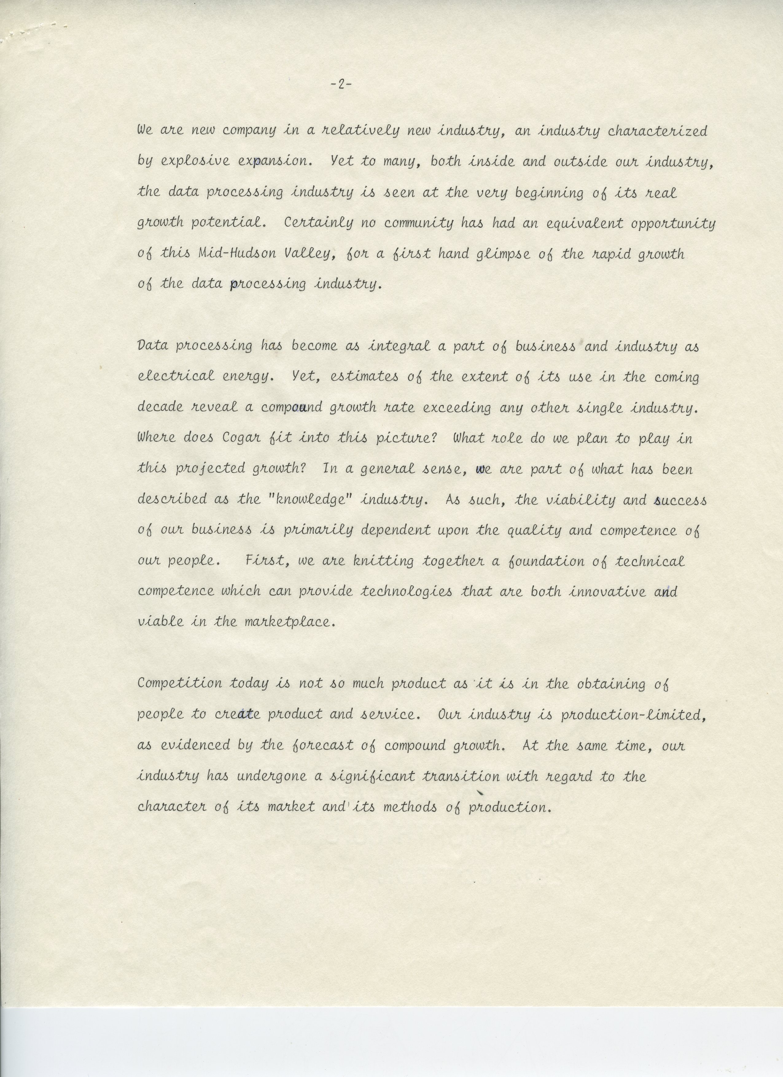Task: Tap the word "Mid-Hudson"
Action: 237,253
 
